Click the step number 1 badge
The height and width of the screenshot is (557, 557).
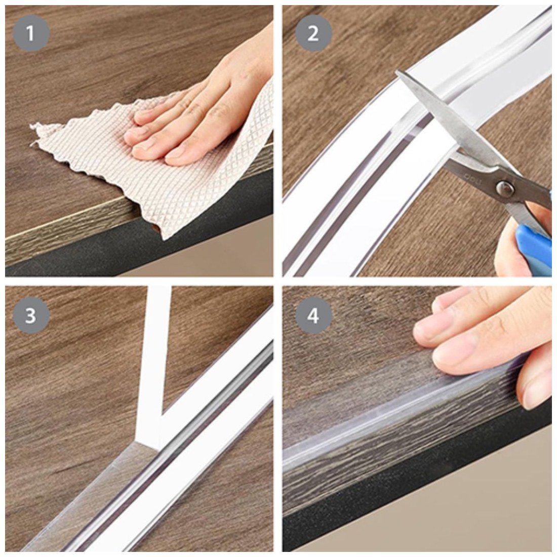point(31,33)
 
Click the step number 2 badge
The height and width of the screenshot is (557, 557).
point(313,33)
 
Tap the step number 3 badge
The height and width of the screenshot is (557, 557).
point(31,315)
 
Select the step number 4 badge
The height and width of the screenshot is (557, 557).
point(313,315)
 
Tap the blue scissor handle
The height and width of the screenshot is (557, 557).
point(535,238)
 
